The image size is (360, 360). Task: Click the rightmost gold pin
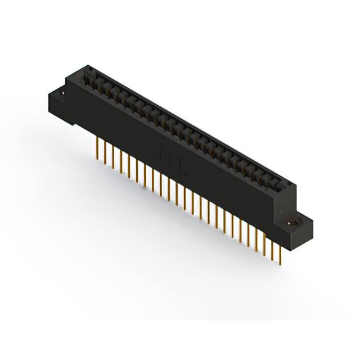[x=280, y=251]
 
